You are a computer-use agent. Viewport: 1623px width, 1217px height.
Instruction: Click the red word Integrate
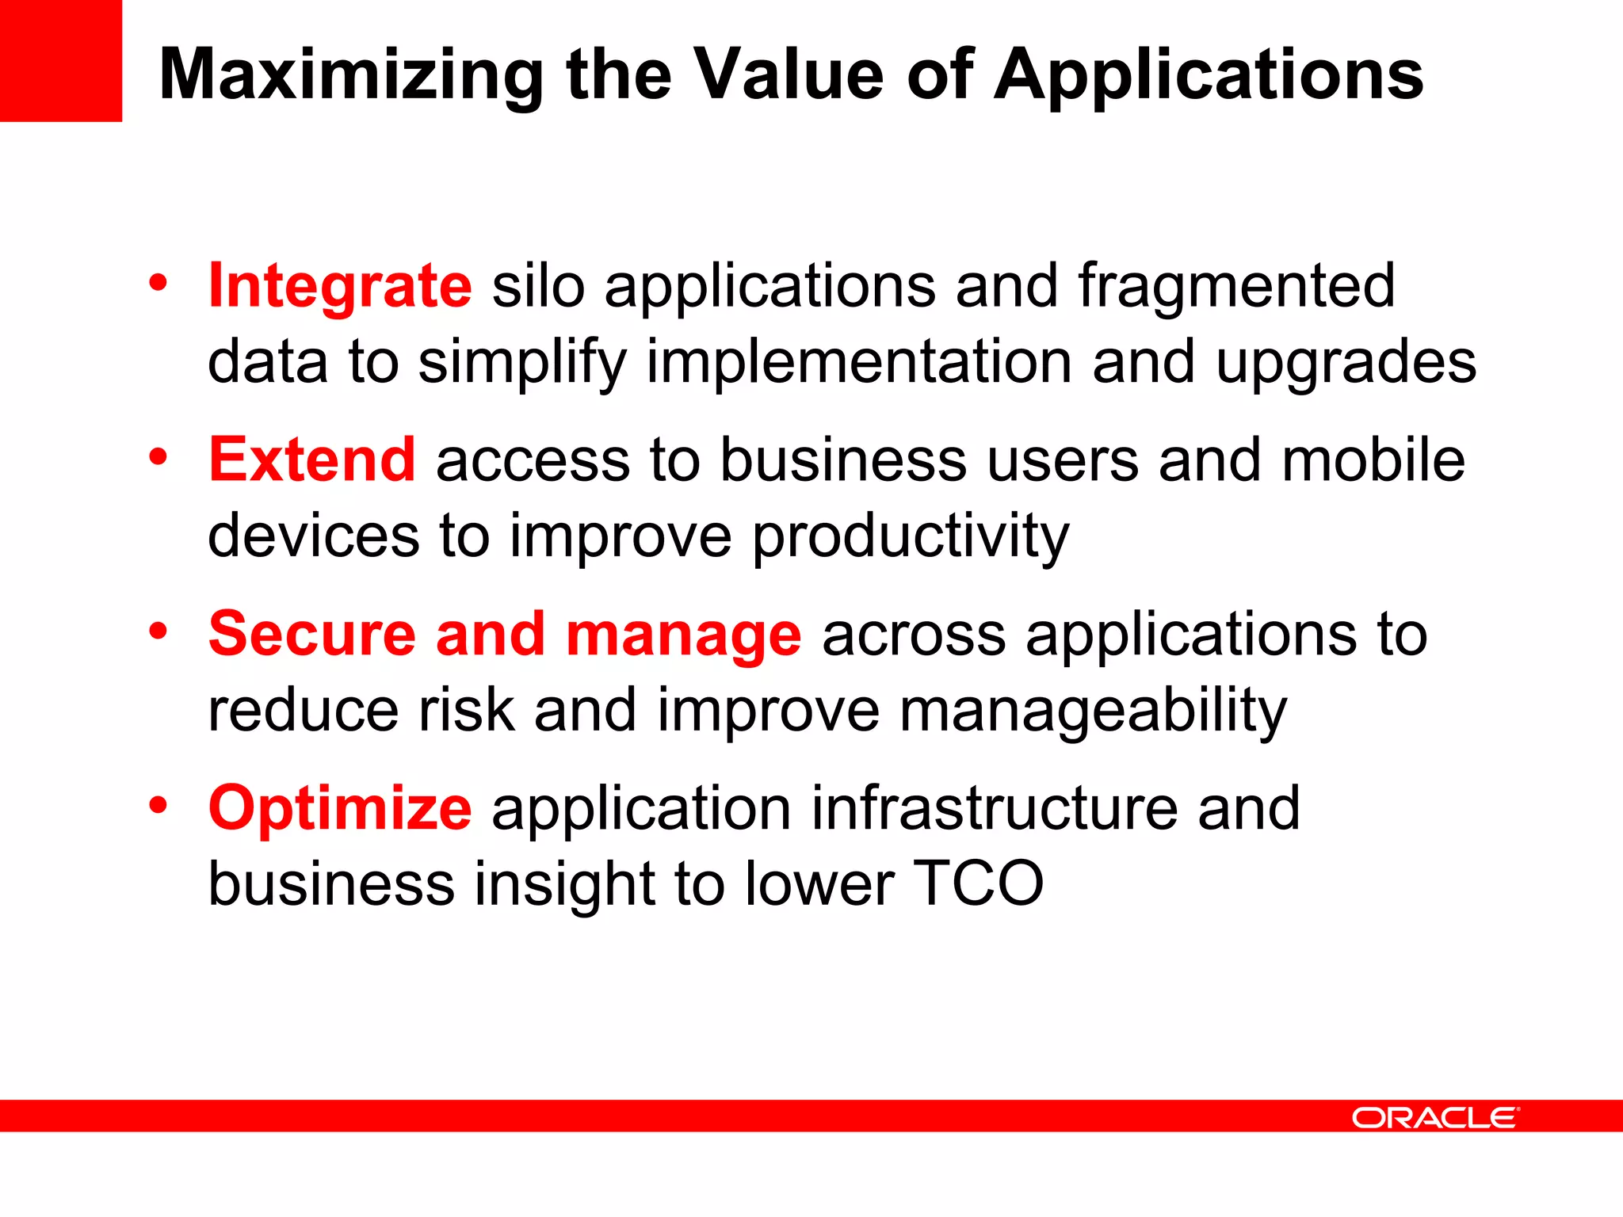point(340,287)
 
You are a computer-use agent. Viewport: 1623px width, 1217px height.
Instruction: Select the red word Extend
point(311,460)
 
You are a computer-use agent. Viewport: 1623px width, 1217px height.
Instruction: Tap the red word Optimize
point(340,809)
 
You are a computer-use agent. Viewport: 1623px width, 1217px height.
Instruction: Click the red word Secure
point(311,635)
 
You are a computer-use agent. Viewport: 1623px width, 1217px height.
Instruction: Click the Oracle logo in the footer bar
point(1434,1118)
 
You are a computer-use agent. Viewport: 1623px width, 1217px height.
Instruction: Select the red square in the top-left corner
point(60,60)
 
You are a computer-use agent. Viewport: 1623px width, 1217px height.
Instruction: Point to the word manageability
point(1093,711)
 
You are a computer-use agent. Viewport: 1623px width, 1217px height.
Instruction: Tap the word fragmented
point(1236,287)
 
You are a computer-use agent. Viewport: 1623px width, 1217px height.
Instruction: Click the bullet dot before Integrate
point(158,283)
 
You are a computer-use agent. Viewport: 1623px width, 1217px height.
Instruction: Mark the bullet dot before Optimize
point(158,805)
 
